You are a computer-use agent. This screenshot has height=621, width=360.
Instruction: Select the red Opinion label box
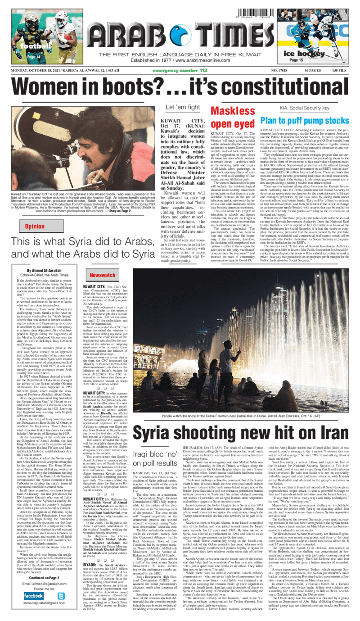point(35,226)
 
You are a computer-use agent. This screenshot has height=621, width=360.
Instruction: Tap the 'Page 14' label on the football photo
point(34,58)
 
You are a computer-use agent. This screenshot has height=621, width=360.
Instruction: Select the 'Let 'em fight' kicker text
point(182,107)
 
